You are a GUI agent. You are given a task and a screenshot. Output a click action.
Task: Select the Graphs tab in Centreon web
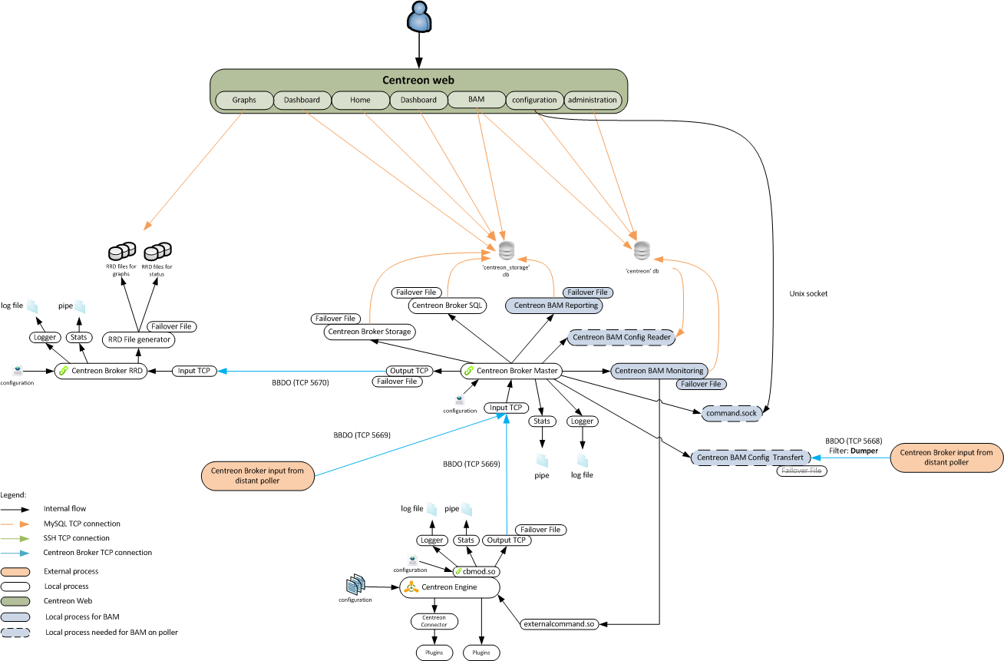(243, 100)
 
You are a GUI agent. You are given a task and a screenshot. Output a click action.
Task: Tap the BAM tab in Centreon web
(476, 99)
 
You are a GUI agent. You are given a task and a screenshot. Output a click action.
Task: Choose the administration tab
(592, 100)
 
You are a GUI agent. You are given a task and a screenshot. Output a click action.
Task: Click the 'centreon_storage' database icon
(506, 251)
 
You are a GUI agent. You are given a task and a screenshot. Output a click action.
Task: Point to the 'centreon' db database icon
(642, 251)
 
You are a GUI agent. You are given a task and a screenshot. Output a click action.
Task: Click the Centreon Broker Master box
(511, 371)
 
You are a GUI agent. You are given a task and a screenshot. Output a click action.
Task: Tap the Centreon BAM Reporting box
(553, 306)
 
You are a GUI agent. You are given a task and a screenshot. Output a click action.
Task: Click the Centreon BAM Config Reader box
(622, 337)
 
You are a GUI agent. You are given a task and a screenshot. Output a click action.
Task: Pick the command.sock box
(732, 413)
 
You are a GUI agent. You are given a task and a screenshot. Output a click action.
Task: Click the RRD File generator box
(138, 339)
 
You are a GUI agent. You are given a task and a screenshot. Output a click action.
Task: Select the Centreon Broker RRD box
(101, 371)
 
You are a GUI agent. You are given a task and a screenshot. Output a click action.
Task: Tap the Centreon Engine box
(450, 588)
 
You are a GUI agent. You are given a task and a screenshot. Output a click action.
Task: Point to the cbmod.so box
(476, 571)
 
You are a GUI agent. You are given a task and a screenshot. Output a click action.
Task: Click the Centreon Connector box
(434, 621)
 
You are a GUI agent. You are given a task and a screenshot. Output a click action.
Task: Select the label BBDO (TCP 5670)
(300, 382)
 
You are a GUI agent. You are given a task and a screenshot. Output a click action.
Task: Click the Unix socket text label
(807, 294)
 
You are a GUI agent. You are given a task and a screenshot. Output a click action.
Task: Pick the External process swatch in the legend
(16, 571)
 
